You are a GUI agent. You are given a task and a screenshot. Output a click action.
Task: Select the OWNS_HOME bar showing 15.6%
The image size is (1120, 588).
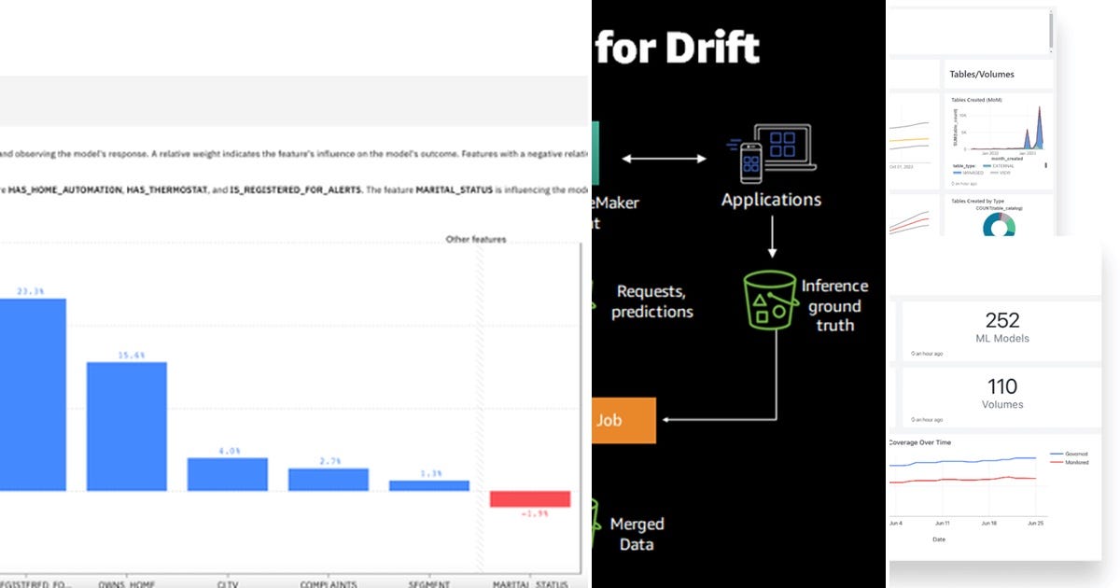point(127,426)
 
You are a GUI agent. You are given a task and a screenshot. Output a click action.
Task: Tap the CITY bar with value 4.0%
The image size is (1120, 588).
point(227,474)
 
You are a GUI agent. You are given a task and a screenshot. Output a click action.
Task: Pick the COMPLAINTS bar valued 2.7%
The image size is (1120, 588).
point(328,479)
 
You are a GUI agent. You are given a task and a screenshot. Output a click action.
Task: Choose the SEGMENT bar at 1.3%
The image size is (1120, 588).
point(428,485)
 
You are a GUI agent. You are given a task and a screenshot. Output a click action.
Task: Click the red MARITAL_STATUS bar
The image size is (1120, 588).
point(529,498)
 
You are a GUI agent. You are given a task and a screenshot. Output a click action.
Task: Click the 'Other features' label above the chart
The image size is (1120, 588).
point(476,240)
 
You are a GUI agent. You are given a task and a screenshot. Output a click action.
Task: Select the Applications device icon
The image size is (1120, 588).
point(771,152)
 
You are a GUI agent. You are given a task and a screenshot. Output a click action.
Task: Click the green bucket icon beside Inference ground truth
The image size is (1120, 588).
point(769,299)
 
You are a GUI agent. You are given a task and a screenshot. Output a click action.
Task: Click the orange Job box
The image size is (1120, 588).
point(624,420)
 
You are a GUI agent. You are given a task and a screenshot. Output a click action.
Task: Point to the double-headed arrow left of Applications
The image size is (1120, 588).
point(664,160)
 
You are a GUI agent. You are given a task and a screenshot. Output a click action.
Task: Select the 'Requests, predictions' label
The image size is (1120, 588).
point(652,301)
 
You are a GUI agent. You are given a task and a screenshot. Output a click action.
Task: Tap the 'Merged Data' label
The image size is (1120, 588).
point(637,534)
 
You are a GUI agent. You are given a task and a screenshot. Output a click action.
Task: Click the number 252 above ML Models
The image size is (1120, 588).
point(1002,319)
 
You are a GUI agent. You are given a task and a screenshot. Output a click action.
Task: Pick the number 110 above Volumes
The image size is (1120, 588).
point(1002,386)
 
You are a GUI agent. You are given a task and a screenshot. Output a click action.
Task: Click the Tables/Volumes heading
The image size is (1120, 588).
point(981,74)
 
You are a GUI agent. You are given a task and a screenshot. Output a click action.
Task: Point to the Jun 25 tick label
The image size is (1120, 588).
point(1036,524)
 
